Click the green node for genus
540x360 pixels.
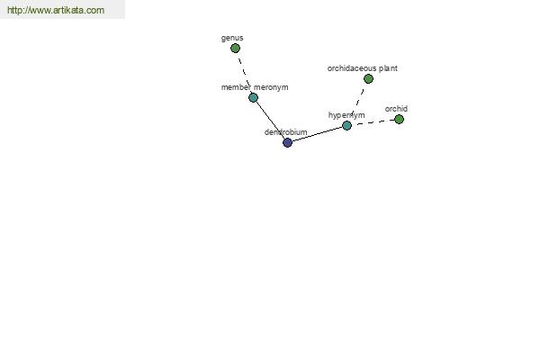(235, 49)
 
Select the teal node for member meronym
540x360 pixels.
(253, 98)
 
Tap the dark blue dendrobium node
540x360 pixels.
(288, 142)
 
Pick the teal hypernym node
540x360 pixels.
(346, 125)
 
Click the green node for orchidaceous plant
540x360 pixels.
(368, 79)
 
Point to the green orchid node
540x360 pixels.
(399, 120)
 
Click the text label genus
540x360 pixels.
(232, 38)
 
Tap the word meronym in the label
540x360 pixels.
(271, 87)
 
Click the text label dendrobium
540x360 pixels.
(286, 132)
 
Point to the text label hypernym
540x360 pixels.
(346, 115)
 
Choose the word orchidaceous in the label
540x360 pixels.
(352, 68)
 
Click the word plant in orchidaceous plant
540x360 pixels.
(388, 68)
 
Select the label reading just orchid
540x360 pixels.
(396, 109)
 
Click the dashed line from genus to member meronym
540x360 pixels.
(245, 73)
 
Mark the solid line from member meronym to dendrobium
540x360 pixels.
(270, 120)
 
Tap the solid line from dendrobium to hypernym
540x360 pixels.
(317, 134)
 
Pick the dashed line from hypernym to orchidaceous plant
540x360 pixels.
(357, 103)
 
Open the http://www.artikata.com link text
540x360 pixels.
(56, 10)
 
